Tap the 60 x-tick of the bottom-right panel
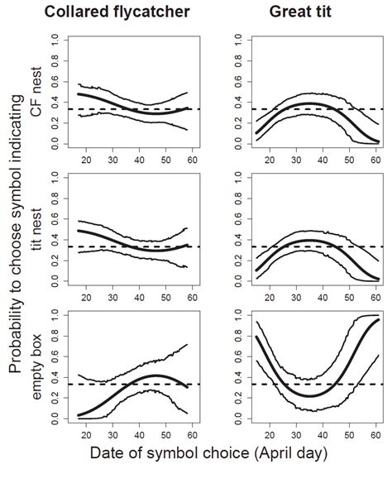click(x=374, y=438)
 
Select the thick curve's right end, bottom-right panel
click(x=379, y=319)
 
